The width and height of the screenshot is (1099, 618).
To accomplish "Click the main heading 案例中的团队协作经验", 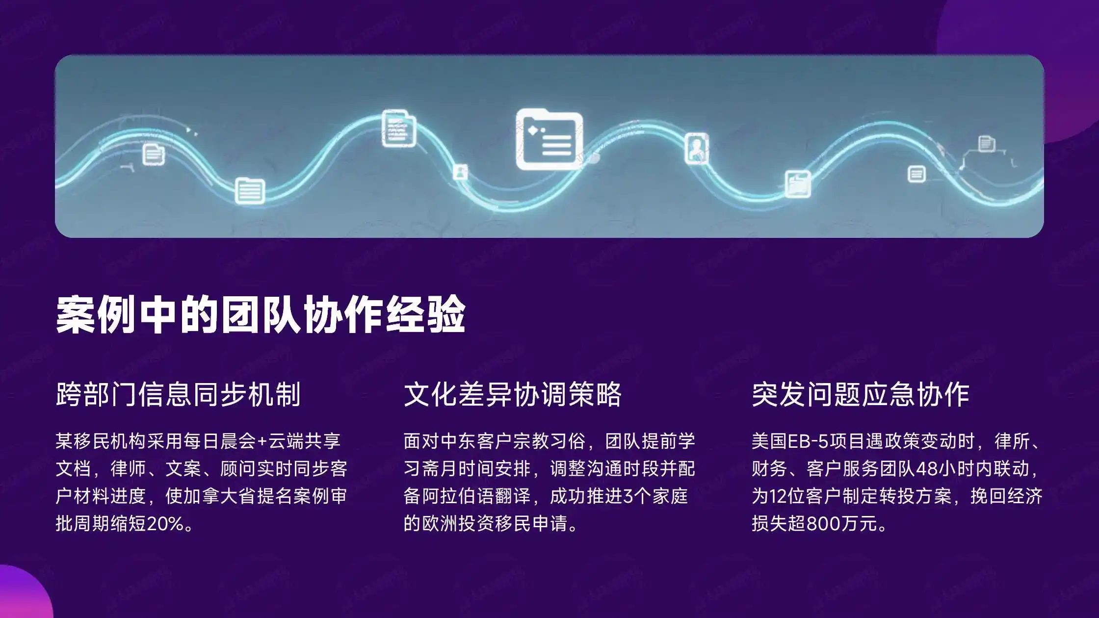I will click(260, 315).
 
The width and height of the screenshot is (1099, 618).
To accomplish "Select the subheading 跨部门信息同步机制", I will click(178, 394).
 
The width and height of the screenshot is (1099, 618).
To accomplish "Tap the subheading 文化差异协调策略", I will click(512, 394).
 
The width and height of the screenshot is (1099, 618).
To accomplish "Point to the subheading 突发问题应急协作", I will click(861, 394).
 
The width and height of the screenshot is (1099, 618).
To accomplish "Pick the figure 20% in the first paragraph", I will click(165, 524).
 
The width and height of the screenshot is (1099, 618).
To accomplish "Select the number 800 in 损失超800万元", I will click(823, 524).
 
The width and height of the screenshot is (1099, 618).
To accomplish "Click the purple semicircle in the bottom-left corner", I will click(22, 596).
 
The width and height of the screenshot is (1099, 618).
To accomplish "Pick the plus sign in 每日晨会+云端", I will click(262, 441).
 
